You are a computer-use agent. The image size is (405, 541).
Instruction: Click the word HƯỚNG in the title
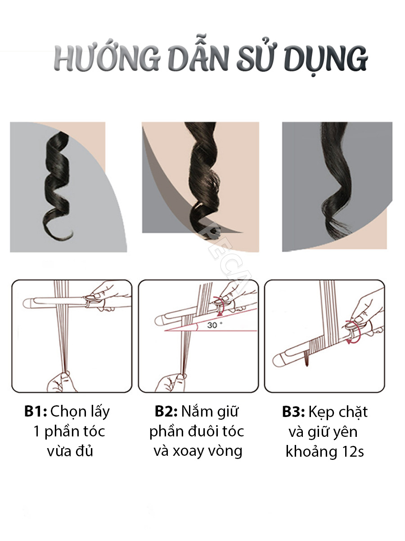pos(107,59)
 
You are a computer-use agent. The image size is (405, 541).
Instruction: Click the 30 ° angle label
pos(214,325)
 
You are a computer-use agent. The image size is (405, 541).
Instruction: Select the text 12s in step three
pos(353,452)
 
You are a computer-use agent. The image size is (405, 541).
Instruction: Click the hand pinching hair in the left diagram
pos(62,381)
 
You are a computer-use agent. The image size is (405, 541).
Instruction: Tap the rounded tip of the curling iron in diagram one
pos(27,303)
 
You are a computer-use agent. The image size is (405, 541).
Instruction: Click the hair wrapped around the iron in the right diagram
pos(316,346)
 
